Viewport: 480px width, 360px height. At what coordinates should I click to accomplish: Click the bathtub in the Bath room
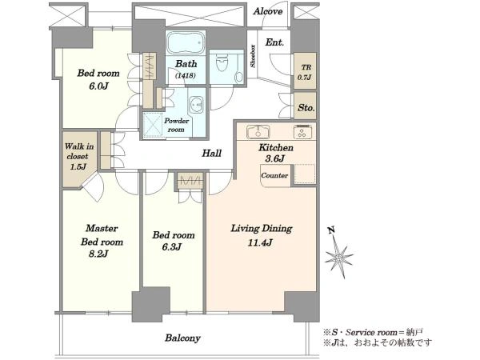[186, 43]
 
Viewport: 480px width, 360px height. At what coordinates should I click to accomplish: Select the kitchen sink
[258, 131]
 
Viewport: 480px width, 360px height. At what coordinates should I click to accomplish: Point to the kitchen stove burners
[302, 131]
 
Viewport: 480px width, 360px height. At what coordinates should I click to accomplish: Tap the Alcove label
[267, 12]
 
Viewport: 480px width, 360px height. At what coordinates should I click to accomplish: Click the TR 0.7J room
[305, 72]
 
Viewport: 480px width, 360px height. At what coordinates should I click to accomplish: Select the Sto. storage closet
[305, 106]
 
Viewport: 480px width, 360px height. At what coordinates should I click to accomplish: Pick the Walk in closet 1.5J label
[78, 156]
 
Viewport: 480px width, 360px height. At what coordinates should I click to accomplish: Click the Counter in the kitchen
[274, 176]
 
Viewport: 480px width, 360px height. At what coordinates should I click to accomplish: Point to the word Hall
[211, 153]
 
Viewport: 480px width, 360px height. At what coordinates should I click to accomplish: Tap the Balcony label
[182, 338]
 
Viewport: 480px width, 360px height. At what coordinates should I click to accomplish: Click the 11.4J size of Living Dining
[260, 242]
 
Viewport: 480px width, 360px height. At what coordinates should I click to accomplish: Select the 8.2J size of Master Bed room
[98, 254]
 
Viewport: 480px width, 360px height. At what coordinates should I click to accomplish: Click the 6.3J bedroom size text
[172, 246]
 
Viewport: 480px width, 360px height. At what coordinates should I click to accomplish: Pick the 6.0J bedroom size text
[98, 86]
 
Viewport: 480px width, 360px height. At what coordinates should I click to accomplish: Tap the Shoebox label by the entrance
[253, 56]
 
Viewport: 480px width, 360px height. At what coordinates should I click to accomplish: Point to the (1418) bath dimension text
[186, 75]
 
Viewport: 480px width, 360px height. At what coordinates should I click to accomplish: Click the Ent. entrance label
[274, 42]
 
